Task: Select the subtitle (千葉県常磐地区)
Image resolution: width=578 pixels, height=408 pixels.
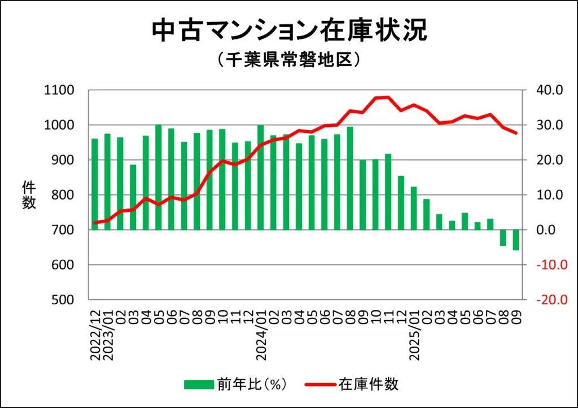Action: coord(289,60)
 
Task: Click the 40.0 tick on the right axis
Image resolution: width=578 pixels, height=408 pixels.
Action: coord(544,90)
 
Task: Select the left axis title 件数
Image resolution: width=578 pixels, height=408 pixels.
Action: coord(29,195)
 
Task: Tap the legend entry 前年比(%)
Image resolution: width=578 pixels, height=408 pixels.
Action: coord(237,385)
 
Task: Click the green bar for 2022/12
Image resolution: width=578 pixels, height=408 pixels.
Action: coord(95,184)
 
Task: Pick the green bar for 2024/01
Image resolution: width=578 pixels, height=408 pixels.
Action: coord(261,178)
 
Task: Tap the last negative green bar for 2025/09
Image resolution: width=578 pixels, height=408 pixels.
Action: coord(515,240)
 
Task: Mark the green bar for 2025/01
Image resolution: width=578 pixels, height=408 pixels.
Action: coord(414,208)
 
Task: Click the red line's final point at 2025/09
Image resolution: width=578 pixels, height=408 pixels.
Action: coord(515,133)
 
